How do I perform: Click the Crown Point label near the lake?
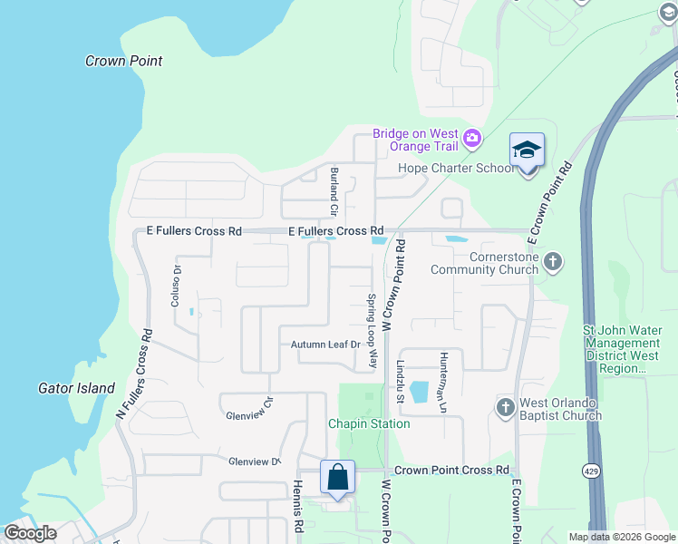(x=123, y=61)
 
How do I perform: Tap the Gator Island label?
(x=76, y=388)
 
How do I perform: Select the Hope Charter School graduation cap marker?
(x=527, y=150)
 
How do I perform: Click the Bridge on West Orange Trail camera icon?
(x=471, y=139)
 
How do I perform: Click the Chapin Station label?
(x=369, y=423)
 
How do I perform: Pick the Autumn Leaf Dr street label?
(x=325, y=345)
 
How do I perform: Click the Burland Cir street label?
(x=334, y=190)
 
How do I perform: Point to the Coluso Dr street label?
(x=177, y=287)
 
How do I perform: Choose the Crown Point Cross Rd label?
(x=451, y=470)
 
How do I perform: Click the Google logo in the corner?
(x=30, y=532)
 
